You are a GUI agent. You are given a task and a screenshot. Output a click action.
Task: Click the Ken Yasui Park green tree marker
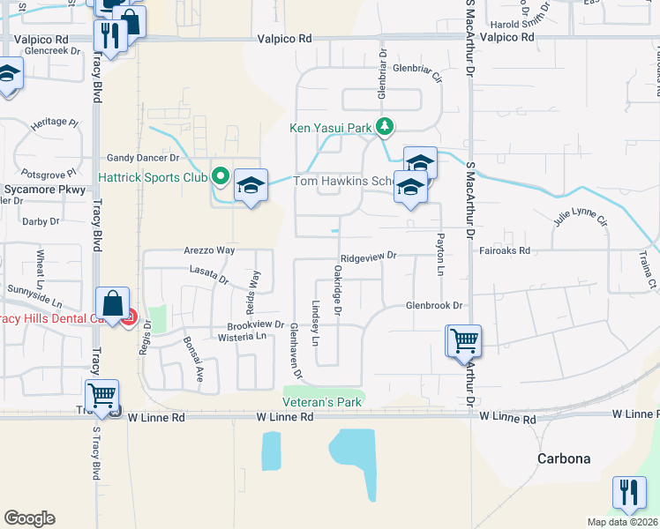click(x=384, y=128)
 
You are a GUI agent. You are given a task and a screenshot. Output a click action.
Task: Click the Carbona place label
click(x=564, y=458)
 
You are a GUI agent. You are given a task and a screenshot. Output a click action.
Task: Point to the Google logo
click(x=29, y=518)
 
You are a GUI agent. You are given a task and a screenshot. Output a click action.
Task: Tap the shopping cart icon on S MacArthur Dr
click(x=463, y=340)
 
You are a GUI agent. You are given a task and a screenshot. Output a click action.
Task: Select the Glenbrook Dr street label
click(x=434, y=305)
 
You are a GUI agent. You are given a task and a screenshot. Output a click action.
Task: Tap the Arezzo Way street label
click(x=209, y=250)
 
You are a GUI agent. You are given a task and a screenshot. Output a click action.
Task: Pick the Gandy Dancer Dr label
click(x=143, y=158)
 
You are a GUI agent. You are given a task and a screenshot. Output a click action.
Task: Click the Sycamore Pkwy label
click(x=44, y=190)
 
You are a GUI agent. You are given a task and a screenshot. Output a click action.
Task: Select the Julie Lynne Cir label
click(x=581, y=217)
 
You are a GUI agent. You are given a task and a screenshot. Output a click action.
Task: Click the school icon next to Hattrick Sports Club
click(x=251, y=185)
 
